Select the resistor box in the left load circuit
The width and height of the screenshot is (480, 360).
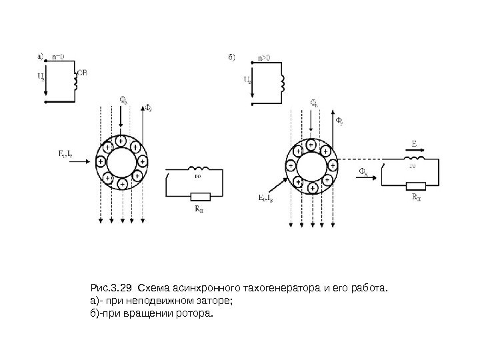pyautogui.click(x=200, y=195)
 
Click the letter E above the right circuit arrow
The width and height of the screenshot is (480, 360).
pyautogui.click(x=414, y=143)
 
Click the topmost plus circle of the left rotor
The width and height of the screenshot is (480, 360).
pyautogui.click(x=121, y=141)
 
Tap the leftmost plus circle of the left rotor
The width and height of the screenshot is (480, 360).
pyautogui.click(x=100, y=161)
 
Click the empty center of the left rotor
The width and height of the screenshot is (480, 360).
pyautogui.click(x=121, y=161)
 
